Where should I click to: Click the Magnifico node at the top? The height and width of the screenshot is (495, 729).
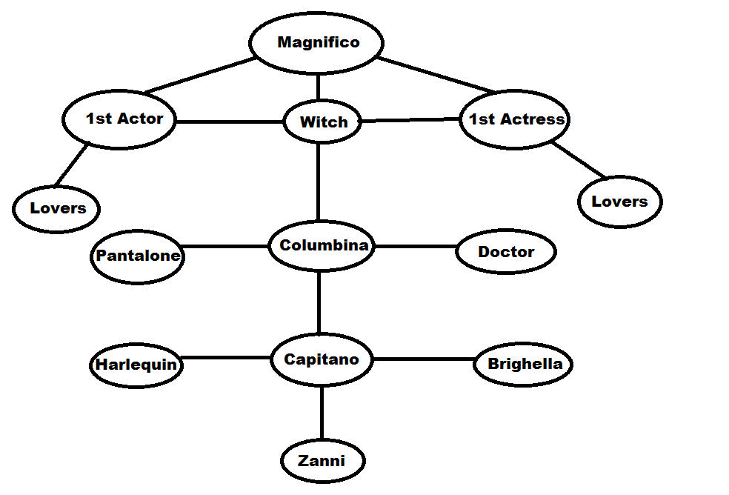click(x=317, y=43)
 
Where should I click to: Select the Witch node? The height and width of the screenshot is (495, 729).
click(x=323, y=122)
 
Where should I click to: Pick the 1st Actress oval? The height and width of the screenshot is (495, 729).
click(x=515, y=119)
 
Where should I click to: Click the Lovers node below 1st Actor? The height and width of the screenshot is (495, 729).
click(x=56, y=208)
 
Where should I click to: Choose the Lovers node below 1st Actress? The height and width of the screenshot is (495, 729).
click(x=619, y=202)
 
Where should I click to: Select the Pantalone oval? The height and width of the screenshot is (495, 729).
click(x=138, y=256)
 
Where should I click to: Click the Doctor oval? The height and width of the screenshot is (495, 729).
click(x=506, y=252)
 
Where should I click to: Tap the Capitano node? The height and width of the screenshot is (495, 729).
click(x=322, y=360)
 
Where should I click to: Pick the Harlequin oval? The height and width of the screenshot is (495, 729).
click(x=136, y=365)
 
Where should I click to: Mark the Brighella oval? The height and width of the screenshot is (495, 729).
click(x=523, y=364)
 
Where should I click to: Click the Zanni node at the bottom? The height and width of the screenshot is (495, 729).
click(x=322, y=461)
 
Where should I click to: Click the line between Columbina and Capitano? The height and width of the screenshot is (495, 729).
click(x=319, y=304)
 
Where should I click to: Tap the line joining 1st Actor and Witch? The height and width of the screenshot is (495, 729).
click(x=230, y=121)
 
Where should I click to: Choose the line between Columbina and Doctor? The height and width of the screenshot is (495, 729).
click(x=415, y=247)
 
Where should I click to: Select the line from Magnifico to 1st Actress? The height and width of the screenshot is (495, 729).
click(x=437, y=75)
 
